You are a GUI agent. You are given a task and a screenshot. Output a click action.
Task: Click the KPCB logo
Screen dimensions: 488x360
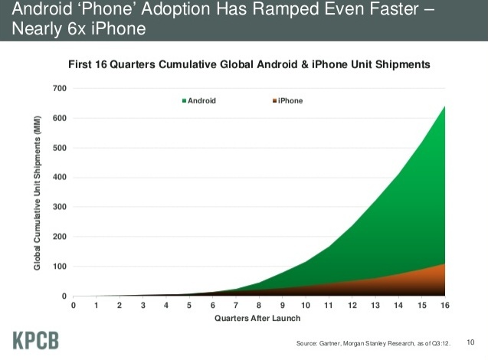36,340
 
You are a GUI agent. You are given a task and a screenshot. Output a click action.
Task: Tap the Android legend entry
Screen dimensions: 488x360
199,101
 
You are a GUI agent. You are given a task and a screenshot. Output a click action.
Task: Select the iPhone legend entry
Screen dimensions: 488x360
287,101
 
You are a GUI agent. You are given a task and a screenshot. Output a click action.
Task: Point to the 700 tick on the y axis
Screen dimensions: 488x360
60,88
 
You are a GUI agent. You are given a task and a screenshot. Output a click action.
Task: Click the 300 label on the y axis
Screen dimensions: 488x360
60,207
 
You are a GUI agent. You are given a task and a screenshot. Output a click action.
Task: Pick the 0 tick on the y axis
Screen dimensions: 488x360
64,296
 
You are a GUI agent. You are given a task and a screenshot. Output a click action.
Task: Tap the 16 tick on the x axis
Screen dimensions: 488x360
445,306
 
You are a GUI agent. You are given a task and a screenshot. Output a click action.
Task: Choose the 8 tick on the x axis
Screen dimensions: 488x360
259,306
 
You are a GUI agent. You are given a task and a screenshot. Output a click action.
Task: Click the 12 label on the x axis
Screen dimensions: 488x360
352,306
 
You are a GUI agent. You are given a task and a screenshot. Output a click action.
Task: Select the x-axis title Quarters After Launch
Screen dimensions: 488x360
257,319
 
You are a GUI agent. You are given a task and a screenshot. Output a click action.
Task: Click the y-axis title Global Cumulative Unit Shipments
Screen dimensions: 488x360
37,193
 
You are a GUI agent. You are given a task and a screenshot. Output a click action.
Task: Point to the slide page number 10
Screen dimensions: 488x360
470,342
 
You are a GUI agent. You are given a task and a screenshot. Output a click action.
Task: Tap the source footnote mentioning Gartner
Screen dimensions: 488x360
373,343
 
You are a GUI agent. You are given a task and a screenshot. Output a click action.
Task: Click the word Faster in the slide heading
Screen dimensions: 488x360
395,8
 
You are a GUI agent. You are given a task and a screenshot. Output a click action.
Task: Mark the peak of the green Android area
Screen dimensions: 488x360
444,106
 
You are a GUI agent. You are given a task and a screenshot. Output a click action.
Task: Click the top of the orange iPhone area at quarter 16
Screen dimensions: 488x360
444,263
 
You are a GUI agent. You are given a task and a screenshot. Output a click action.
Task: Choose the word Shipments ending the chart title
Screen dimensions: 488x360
403,64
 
